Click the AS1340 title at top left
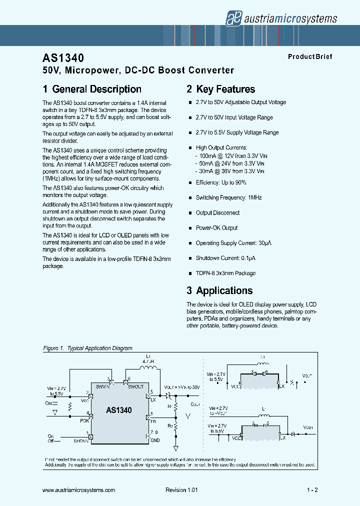63,58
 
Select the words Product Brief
309,57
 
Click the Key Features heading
220,89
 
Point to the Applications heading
219,291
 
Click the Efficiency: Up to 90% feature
220,182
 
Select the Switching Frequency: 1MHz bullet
228,197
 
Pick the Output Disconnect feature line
217,213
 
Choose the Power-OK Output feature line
216,228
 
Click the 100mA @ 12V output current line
230,155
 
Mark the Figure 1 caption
87,348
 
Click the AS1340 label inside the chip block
119,410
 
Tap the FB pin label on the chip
152,422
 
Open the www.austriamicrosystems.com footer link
79,490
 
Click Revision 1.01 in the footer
182,490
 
